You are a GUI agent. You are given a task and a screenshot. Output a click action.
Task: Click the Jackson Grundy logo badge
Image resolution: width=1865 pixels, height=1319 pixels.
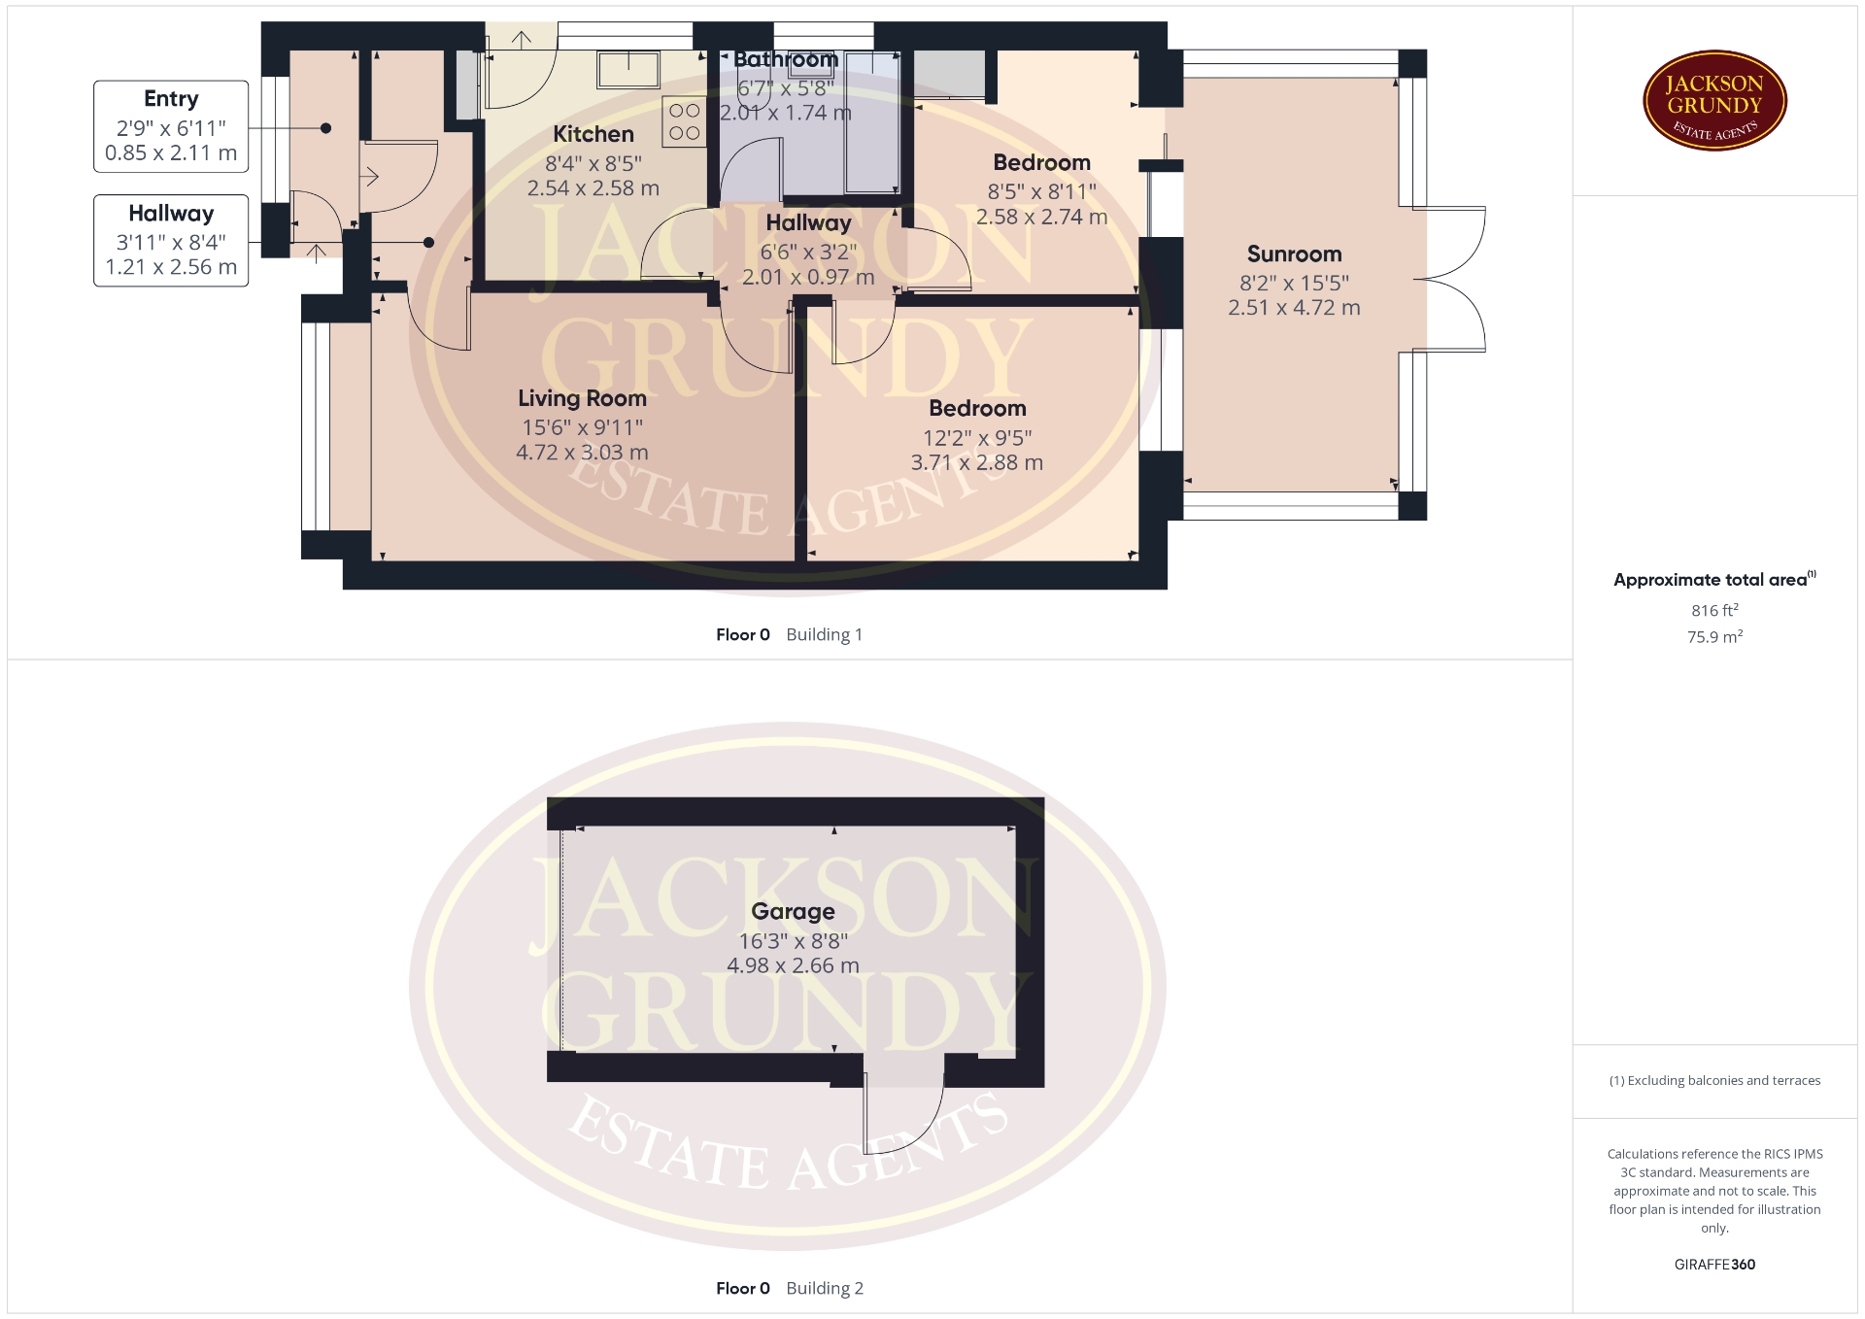[x=1714, y=101]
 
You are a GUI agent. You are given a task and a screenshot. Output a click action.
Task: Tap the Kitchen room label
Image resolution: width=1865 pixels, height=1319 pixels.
[x=593, y=134]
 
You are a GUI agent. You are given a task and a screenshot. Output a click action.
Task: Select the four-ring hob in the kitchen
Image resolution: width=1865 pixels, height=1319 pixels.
[x=684, y=121]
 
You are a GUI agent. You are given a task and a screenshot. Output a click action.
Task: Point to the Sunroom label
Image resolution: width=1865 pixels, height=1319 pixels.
[x=1294, y=254]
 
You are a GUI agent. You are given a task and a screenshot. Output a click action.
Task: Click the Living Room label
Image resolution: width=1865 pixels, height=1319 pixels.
[x=582, y=398]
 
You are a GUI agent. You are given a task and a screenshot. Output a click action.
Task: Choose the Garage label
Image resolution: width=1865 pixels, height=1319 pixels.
[x=793, y=911]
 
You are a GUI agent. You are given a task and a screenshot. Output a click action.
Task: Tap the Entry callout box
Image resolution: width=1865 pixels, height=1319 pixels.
[x=171, y=126]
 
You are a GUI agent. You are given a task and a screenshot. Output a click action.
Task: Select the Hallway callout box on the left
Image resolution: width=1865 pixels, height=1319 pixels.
[x=171, y=241]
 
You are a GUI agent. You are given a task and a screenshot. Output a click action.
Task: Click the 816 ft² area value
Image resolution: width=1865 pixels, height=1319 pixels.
[x=1714, y=610]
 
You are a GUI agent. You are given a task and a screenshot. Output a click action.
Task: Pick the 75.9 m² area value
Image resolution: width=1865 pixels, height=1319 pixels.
[x=1714, y=636]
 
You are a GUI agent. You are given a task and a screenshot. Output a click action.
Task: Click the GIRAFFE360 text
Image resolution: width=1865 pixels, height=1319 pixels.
[x=1714, y=1265]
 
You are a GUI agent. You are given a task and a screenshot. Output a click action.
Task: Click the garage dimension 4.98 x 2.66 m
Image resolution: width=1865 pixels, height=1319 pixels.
[x=793, y=965]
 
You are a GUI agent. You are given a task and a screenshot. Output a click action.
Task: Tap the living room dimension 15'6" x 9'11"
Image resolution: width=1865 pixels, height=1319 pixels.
[x=582, y=427]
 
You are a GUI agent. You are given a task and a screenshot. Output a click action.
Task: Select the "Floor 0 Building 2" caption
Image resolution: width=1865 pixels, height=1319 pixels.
[x=789, y=1288]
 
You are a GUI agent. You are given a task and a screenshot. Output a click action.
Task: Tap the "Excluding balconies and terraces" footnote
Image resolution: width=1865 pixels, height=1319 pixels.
[x=1714, y=1080]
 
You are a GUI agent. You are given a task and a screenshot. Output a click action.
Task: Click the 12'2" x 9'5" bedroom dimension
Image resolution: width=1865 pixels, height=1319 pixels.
[x=977, y=438]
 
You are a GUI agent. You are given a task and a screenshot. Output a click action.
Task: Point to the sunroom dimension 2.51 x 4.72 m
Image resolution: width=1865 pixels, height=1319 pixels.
[x=1294, y=308]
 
